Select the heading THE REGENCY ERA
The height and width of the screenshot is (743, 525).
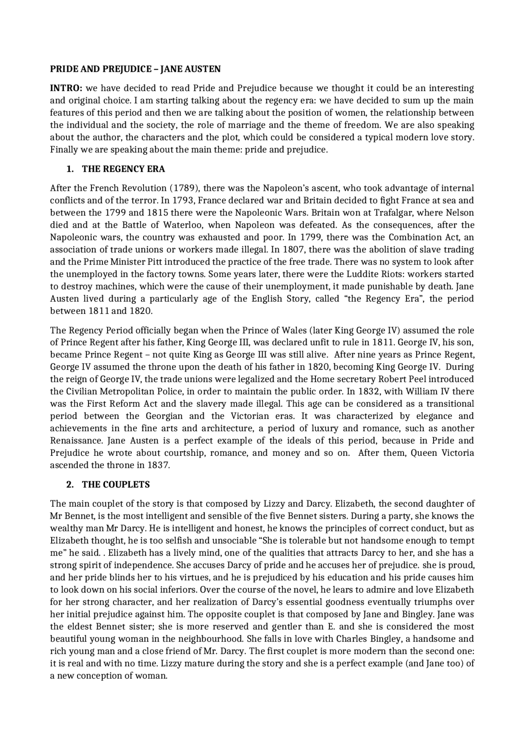click(x=123, y=169)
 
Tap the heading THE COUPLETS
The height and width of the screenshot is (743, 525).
click(x=116, y=485)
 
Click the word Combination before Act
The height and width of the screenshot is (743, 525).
click(x=415, y=238)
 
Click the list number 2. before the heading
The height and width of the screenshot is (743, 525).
click(x=70, y=485)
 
